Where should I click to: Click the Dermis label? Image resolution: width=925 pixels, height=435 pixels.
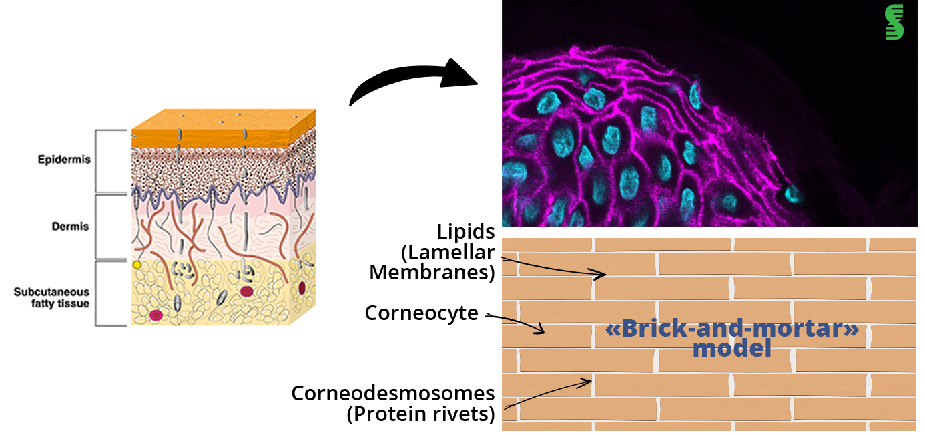point(70,227)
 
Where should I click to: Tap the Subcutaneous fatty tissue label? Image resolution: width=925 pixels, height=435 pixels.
point(51,297)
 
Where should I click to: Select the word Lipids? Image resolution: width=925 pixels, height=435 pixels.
point(466,232)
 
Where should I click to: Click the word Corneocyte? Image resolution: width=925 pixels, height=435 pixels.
point(421,313)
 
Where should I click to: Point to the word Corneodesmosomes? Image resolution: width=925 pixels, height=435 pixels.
point(393,393)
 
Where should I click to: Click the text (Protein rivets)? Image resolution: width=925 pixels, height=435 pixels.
point(420,414)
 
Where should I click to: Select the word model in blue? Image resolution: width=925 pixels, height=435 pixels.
point(731,348)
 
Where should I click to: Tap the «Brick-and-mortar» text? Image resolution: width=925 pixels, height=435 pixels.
point(731,330)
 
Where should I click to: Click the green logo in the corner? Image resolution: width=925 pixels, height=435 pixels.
point(894,23)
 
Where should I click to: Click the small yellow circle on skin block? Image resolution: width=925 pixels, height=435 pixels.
point(137,265)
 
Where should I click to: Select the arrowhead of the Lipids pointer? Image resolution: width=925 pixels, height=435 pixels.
point(603,274)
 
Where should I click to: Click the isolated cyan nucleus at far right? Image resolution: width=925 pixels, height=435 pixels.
point(792,194)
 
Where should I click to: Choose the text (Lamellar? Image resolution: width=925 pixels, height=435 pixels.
point(447,253)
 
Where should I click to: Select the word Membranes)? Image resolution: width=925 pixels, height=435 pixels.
point(432,273)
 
